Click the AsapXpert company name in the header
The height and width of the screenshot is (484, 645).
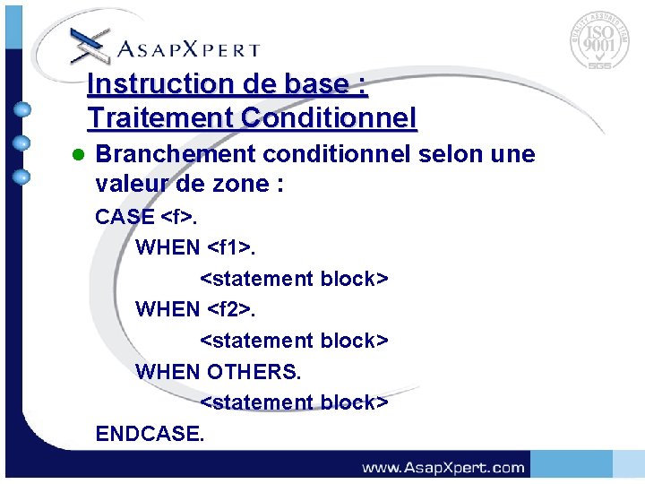190,49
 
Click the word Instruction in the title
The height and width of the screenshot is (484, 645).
145,84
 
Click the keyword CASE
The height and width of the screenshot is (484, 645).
125,217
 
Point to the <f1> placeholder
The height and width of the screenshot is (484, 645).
232,247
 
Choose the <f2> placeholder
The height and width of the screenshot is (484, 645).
232,309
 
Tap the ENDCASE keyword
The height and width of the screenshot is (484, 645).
150,434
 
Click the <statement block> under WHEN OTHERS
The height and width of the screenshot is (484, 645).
294,402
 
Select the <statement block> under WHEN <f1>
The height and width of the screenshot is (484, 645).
294,279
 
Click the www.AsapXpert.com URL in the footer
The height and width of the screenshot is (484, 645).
443,467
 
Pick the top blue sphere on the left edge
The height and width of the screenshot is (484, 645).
23,110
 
